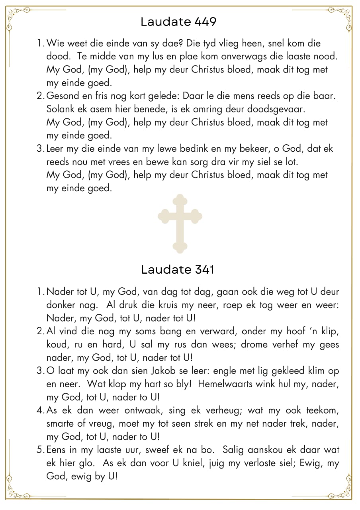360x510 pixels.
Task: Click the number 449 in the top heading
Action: [x=205, y=22]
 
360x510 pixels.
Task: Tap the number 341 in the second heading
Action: [x=203, y=270]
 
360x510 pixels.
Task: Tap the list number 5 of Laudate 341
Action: [x=40, y=450]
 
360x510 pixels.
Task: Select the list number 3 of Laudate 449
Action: [x=40, y=149]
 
